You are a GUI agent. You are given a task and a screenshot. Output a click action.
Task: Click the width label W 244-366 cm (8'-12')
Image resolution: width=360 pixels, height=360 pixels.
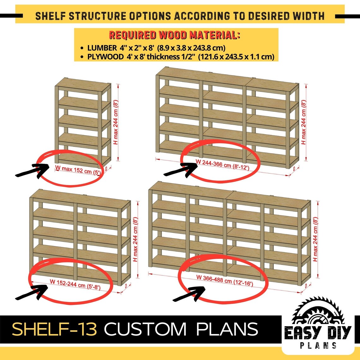(x=223, y=165)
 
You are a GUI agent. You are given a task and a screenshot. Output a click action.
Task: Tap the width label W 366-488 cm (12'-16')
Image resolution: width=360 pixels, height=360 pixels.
(x=225, y=280)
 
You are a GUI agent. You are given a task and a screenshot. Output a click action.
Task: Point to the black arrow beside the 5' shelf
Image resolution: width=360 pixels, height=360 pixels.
(x=32, y=171)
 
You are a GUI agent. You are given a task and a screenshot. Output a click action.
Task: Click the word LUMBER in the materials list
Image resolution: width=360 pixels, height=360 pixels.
(x=102, y=48)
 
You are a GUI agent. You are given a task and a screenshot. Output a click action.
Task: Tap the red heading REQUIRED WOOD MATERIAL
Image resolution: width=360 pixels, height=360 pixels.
(x=174, y=35)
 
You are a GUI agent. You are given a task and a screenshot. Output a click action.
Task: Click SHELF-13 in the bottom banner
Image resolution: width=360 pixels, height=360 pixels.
(x=54, y=329)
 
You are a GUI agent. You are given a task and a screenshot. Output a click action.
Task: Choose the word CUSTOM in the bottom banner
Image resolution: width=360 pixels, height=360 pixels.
(x=146, y=329)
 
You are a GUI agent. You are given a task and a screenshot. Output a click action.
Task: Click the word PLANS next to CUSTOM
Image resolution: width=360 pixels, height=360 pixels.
(x=227, y=329)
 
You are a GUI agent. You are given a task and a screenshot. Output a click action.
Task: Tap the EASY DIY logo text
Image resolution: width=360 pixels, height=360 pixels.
(x=318, y=333)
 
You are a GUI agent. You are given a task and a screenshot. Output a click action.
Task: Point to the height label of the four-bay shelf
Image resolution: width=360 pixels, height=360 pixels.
(x=315, y=239)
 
